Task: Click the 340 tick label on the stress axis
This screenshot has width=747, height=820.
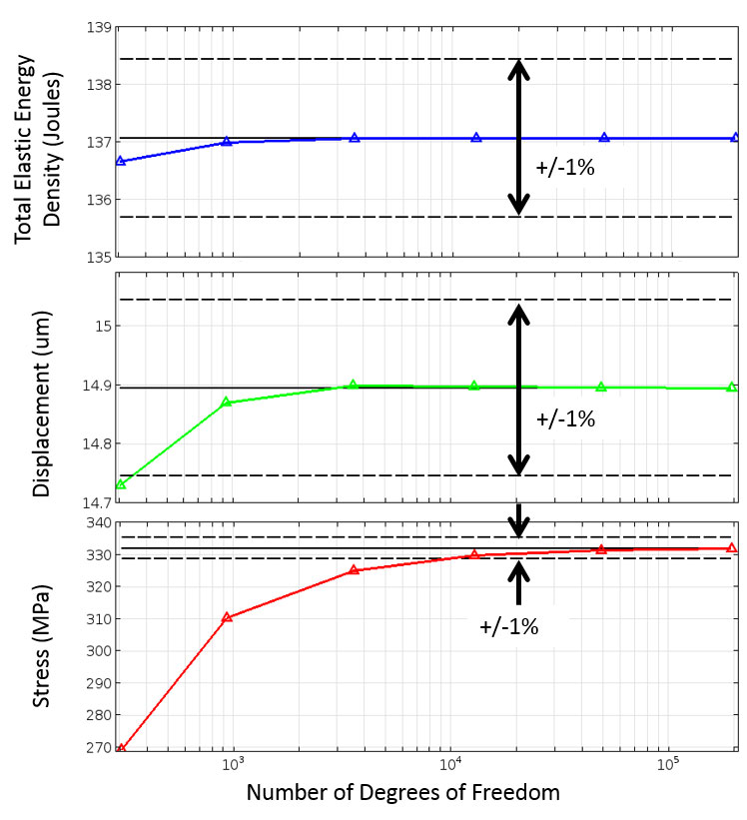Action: click(x=97, y=522)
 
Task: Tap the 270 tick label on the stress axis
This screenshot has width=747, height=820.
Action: click(x=97, y=747)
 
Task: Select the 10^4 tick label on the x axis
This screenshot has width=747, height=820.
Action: click(x=450, y=767)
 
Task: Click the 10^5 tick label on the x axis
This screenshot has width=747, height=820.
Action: click(x=668, y=767)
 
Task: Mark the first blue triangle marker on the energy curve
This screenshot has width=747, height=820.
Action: click(x=121, y=161)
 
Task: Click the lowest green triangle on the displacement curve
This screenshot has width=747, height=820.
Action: click(x=121, y=484)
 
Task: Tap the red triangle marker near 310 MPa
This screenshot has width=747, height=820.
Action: click(x=227, y=617)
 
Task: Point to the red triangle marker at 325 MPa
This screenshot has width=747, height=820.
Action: click(x=354, y=570)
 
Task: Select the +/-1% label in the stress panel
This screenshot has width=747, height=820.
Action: click(x=509, y=627)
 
